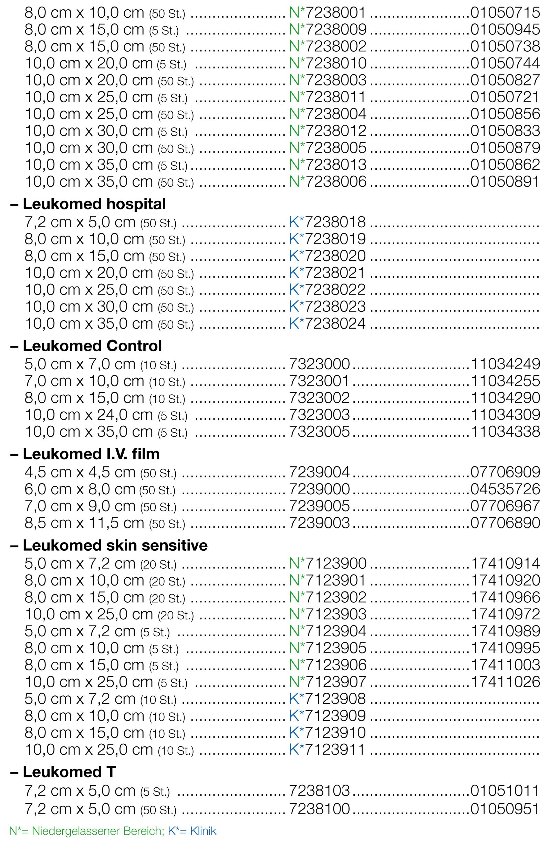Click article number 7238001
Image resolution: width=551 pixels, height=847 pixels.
pos(335,13)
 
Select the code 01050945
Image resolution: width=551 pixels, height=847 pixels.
pos(505,30)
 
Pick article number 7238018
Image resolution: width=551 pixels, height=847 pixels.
pos(335,222)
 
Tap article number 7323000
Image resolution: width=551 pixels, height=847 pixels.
pos(320,364)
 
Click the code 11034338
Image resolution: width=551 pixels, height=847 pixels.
pos(506,432)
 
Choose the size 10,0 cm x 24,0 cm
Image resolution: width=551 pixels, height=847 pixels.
pos(89,415)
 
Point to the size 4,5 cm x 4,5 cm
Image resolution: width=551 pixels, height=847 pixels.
pos(80,472)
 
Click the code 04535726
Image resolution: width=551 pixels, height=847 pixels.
pos(505,489)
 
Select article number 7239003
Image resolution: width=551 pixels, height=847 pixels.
pos(320,523)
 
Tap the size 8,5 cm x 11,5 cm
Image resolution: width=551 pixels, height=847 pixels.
pos(84,523)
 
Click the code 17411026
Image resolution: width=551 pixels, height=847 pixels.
pos(506,682)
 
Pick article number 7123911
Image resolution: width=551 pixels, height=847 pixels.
pos(335,750)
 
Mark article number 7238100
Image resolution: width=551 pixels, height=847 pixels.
pos(320,809)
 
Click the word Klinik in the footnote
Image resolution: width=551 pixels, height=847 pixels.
pos(203,831)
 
